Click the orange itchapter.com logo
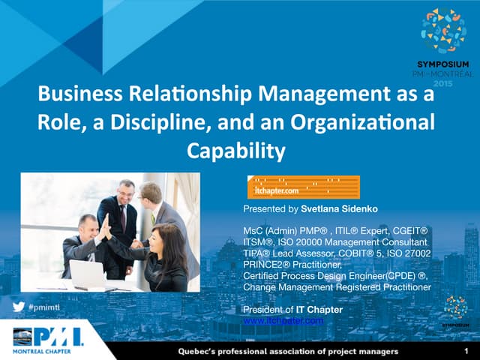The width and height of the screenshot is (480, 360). click(x=303, y=187)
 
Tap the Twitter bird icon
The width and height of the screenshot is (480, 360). click(x=19, y=307)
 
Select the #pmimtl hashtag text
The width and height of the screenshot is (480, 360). click(x=44, y=307)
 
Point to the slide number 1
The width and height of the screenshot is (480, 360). click(x=466, y=350)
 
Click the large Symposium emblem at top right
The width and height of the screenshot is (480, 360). click(x=443, y=30)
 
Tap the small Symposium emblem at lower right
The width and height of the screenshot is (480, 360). click(x=455, y=307)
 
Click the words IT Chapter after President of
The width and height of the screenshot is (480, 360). click(x=319, y=310)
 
